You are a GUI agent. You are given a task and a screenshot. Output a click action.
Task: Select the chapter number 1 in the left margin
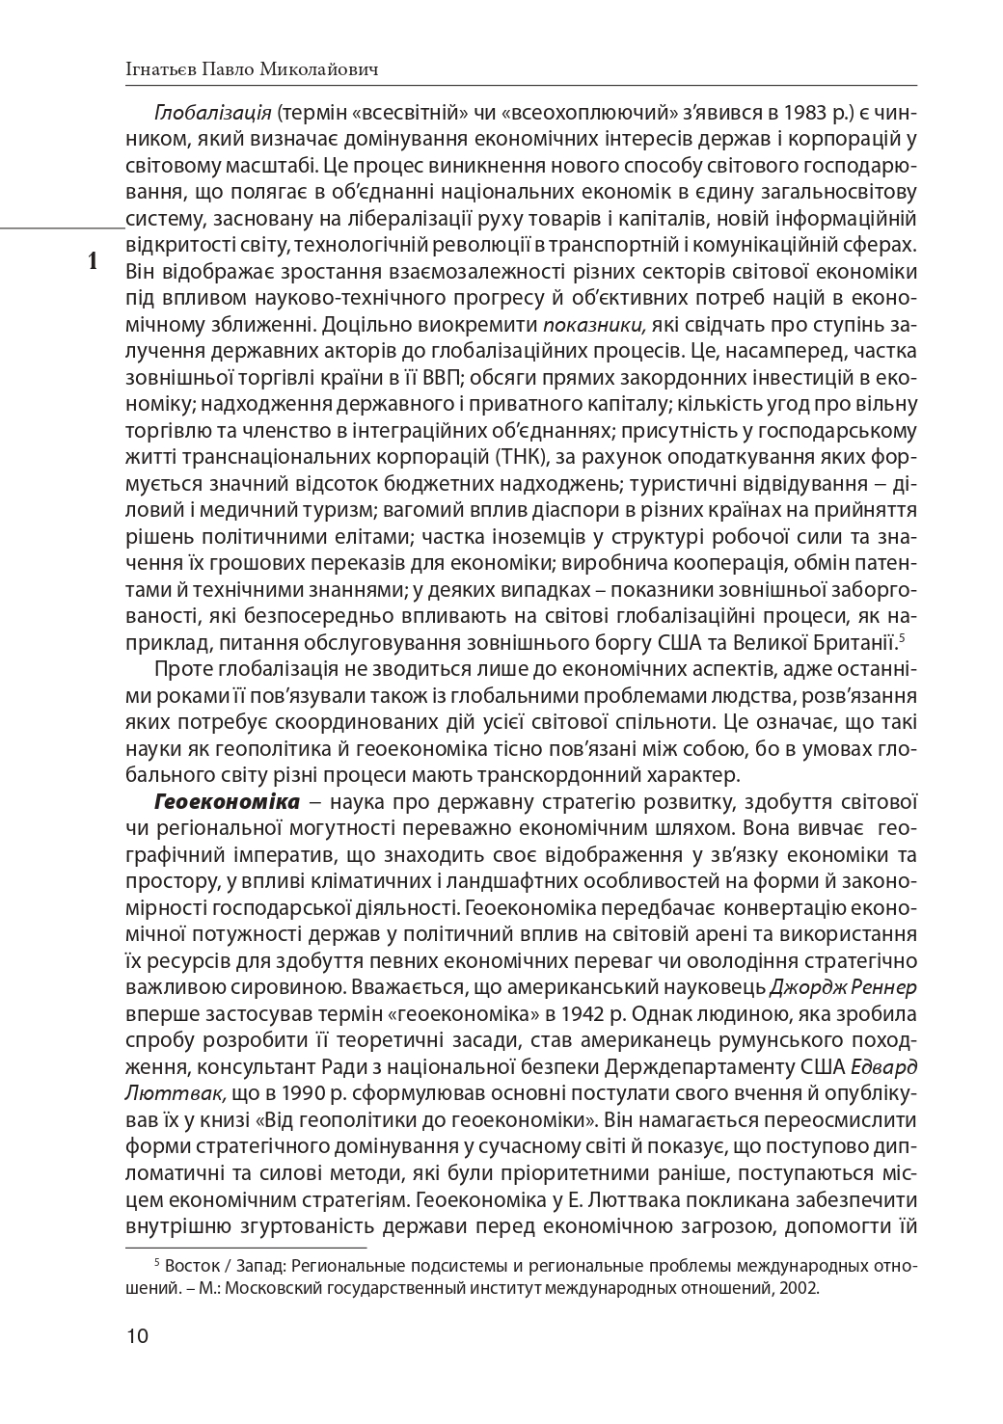pyautogui.click(x=93, y=260)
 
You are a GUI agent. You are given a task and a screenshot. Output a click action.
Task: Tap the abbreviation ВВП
pyautogui.click(x=445, y=375)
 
